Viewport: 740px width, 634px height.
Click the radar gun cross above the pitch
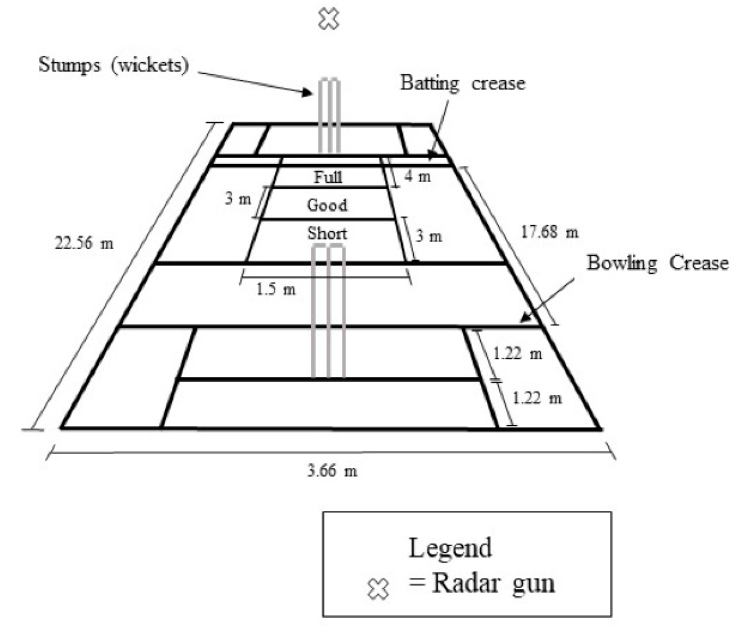click(x=328, y=20)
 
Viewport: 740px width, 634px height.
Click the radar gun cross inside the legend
click(x=378, y=589)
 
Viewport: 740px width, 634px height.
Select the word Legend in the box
click(x=450, y=548)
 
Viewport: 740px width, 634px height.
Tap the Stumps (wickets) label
click(x=114, y=65)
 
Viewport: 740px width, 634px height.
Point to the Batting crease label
click(x=463, y=83)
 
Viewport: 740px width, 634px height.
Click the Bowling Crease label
click(x=658, y=263)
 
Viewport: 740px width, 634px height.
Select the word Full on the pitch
click(x=327, y=177)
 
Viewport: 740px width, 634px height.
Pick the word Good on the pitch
click(x=327, y=205)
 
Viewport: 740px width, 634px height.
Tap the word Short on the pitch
click(x=327, y=233)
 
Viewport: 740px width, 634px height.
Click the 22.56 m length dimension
click(x=84, y=243)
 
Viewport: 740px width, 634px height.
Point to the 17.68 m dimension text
click(x=549, y=232)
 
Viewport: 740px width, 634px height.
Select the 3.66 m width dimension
click(x=332, y=471)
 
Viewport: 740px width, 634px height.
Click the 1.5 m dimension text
click(x=276, y=289)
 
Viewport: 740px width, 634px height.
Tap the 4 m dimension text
click(x=418, y=176)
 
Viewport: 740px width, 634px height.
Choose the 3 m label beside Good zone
click(x=238, y=199)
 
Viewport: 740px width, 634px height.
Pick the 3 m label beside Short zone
click(x=429, y=236)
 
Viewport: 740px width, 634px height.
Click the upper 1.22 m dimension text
click(x=518, y=354)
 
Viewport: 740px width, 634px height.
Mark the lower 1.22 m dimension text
click(x=537, y=398)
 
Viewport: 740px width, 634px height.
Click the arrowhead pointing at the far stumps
click(x=308, y=93)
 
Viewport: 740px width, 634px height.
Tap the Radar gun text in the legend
click(x=493, y=584)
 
